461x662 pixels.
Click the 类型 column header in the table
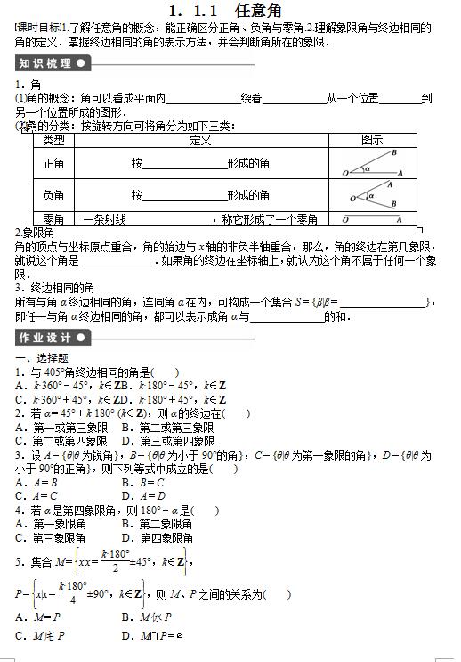tap(53, 140)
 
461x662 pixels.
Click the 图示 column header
tap(372, 140)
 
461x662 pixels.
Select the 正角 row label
tap(53, 164)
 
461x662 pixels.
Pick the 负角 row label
tap(53, 195)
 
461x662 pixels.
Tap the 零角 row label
tap(53, 218)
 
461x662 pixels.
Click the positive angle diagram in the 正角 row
tap(372, 165)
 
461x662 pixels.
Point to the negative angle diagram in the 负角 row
tap(372, 196)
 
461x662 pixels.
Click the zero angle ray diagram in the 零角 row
tap(372, 219)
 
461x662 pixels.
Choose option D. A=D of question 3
tap(143, 495)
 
